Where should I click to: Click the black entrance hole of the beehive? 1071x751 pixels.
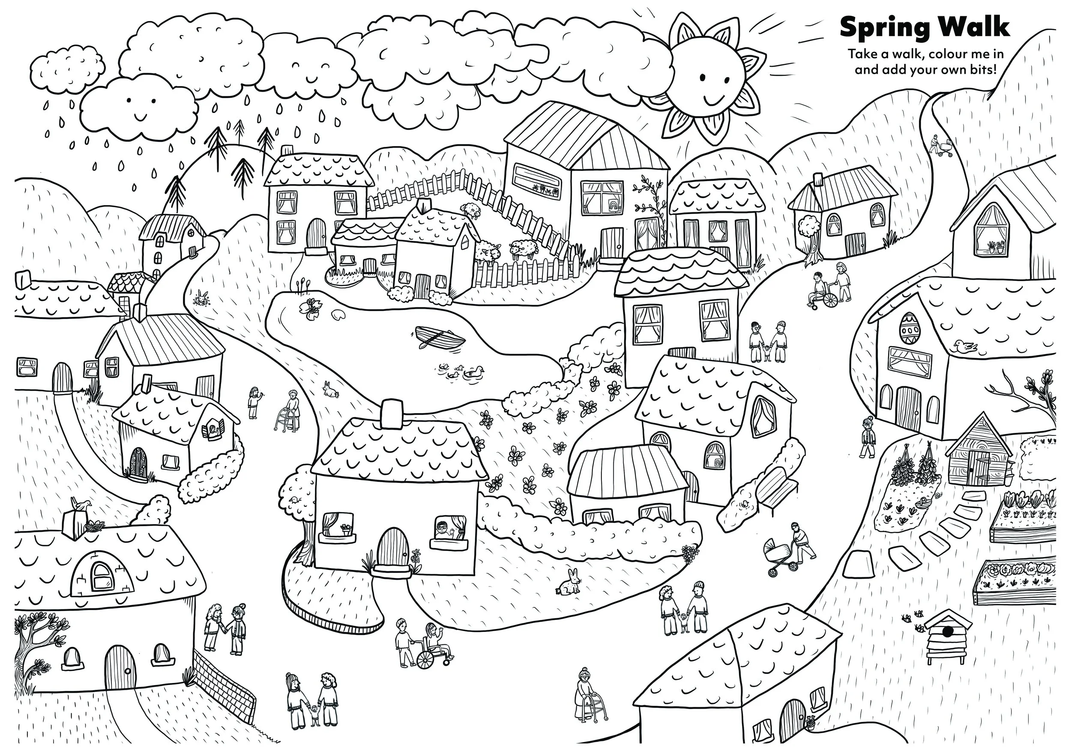(x=947, y=632)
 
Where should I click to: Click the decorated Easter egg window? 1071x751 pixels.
(x=907, y=329)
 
